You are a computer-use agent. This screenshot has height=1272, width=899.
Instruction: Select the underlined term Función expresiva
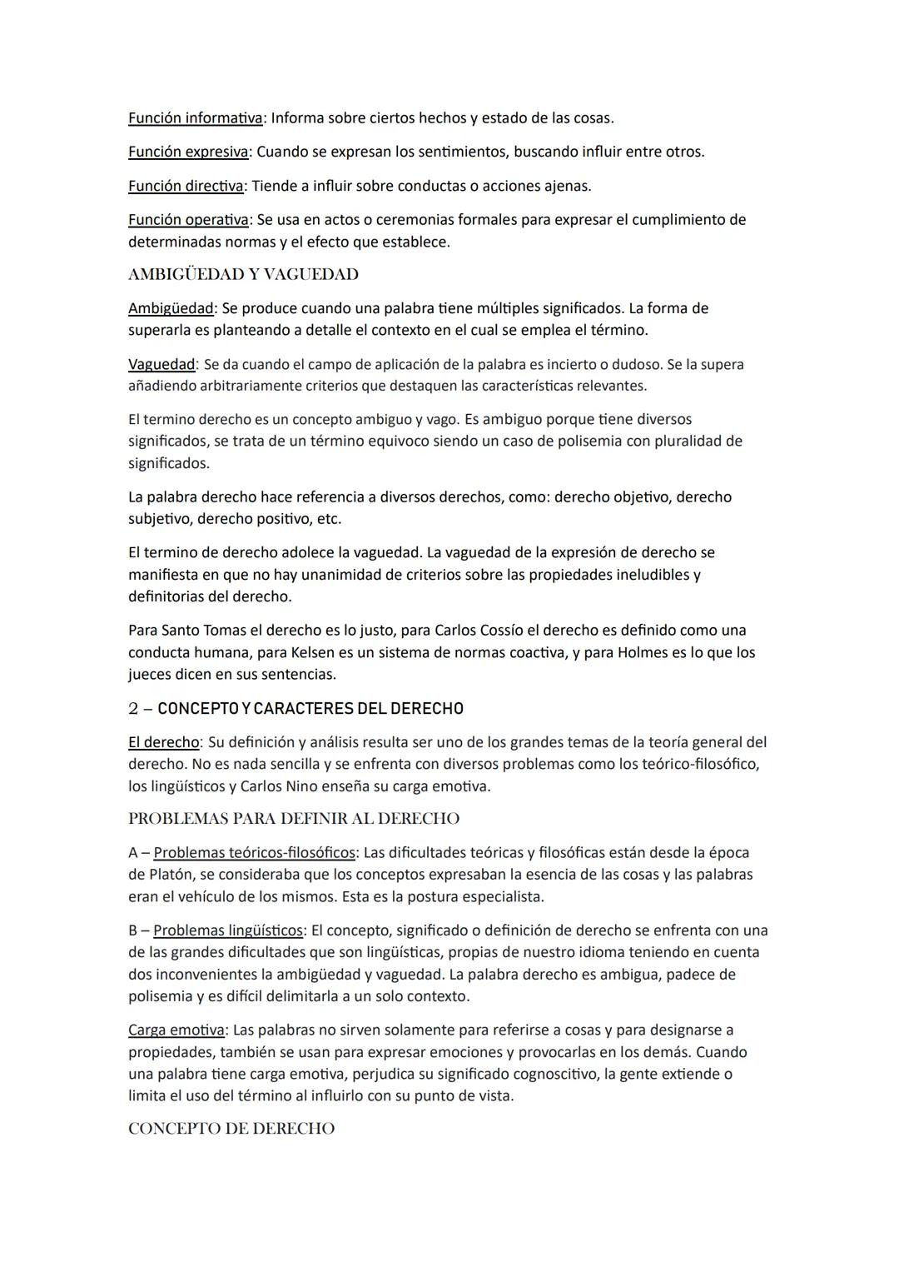(188, 152)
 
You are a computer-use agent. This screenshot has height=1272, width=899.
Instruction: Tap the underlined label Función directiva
(186, 186)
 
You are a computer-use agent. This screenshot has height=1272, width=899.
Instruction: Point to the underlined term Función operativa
(188, 220)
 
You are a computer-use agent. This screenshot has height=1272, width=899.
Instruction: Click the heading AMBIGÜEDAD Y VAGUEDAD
(243, 274)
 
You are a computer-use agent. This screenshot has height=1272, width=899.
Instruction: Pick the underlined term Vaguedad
(161, 365)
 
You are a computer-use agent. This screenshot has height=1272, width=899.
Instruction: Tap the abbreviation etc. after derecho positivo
(329, 519)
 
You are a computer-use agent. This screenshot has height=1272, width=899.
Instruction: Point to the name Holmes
(642, 653)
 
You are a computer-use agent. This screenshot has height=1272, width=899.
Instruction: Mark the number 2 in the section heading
(133, 709)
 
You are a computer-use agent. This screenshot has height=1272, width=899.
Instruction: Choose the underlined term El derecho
(164, 742)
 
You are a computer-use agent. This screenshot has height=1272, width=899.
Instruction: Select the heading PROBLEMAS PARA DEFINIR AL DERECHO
(294, 819)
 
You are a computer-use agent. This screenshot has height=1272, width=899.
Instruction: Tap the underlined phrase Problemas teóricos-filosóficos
(255, 853)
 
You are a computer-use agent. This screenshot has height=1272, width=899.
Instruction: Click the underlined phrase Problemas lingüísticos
(228, 930)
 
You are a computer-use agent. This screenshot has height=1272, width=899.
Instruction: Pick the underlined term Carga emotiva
(176, 1030)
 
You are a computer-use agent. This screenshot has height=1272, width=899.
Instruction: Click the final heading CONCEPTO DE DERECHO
(231, 1129)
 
